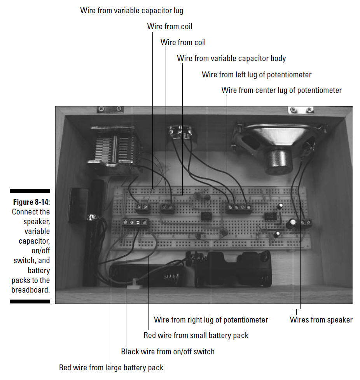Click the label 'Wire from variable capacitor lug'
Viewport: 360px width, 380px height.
point(132,10)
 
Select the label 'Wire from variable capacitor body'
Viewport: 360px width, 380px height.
point(231,58)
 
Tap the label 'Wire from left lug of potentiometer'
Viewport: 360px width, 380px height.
point(257,75)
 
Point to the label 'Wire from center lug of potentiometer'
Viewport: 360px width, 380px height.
point(281,90)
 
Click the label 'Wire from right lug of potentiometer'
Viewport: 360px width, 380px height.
point(211,320)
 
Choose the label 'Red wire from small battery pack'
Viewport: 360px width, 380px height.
point(196,335)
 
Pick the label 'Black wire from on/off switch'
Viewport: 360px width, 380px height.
point(168,352)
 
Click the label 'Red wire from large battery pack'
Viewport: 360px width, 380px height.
point(111,368)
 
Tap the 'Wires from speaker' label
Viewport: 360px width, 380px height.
point(321,320)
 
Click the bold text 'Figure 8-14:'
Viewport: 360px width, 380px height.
point(31,202)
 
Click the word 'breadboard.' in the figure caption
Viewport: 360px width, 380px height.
point(31,290)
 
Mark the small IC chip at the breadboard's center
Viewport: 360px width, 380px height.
point(206,216)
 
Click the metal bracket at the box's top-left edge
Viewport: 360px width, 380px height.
point(110,109)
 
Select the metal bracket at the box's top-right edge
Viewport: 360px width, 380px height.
point(301,110)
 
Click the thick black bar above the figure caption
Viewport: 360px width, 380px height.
point(30,191)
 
